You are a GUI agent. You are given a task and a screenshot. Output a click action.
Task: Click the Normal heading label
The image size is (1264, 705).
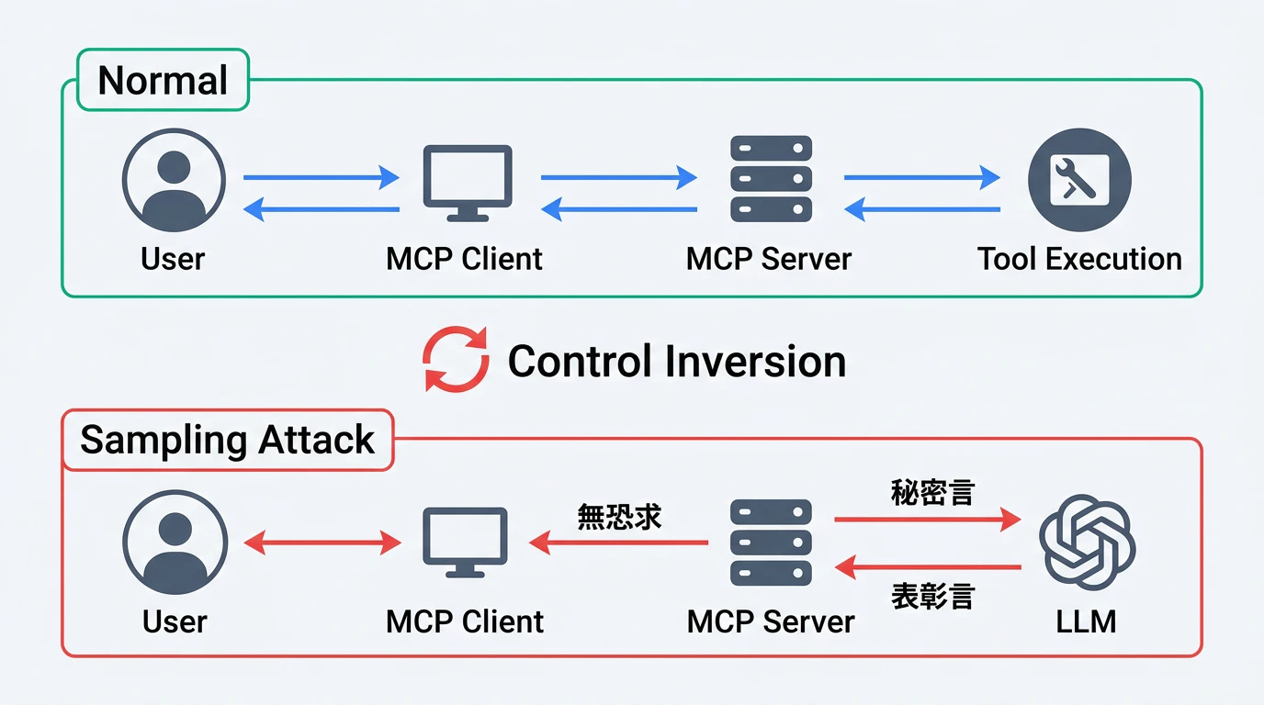(163, 81)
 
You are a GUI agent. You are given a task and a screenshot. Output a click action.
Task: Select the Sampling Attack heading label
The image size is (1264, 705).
(227, 441)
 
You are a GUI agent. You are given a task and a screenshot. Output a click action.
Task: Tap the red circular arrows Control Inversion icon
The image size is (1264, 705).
(456, 359)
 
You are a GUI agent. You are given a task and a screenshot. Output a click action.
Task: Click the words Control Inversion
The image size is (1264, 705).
(676, 361)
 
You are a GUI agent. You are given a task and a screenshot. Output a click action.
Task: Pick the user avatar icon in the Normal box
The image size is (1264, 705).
(174, 179)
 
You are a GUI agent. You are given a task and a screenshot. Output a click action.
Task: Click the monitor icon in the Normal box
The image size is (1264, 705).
(467, 182)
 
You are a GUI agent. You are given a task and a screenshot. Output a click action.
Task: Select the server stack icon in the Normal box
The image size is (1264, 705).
(771, 178)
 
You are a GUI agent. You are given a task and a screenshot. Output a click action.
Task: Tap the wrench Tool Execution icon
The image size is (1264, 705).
(1079, 179)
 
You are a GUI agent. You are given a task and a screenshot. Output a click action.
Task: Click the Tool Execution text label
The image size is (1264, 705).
(1079, 259)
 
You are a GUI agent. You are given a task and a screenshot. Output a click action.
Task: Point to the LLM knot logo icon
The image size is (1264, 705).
(1087, 542)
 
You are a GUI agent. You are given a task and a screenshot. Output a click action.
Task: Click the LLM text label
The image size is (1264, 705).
(1087, 621)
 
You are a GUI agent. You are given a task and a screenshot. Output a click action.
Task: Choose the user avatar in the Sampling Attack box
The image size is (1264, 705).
(174, 542)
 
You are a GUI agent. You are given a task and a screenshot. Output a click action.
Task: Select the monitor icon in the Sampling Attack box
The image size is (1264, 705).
(465, 542)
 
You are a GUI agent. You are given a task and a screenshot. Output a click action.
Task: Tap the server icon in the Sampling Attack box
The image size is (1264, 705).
(771, 542)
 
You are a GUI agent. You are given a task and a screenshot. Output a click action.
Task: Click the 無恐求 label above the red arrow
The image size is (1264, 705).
(619, 517)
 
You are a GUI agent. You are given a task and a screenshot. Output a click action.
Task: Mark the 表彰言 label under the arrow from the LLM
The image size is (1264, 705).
(932, 597)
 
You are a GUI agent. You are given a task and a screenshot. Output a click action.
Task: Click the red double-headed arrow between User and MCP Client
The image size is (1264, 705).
(322, 543)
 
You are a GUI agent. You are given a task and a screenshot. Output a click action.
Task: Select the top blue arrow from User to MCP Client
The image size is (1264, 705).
(322, 178)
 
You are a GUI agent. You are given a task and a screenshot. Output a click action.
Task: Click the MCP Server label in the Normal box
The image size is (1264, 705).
(769, 259)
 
